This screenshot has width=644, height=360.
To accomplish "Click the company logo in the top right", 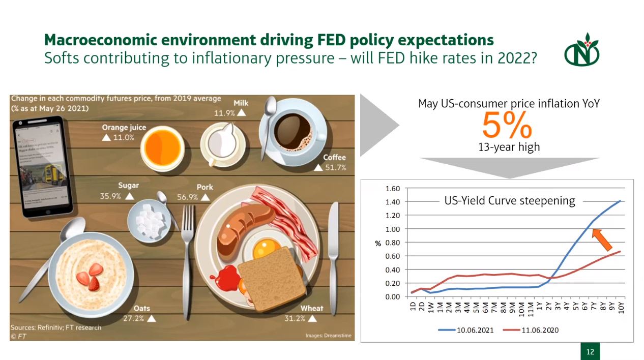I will (x=581, y=50).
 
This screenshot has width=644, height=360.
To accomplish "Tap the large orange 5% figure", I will (x=507, y=125).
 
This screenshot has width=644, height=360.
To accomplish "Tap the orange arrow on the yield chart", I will (x=602, y=240).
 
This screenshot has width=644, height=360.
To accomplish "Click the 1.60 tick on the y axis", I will (x=393, y=188).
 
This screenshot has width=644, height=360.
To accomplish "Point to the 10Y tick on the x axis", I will (x=621, y=307).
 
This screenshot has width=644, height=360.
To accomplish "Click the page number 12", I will (x=590, y=352).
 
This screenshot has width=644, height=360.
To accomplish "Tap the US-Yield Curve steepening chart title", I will (x=510, y=201).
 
